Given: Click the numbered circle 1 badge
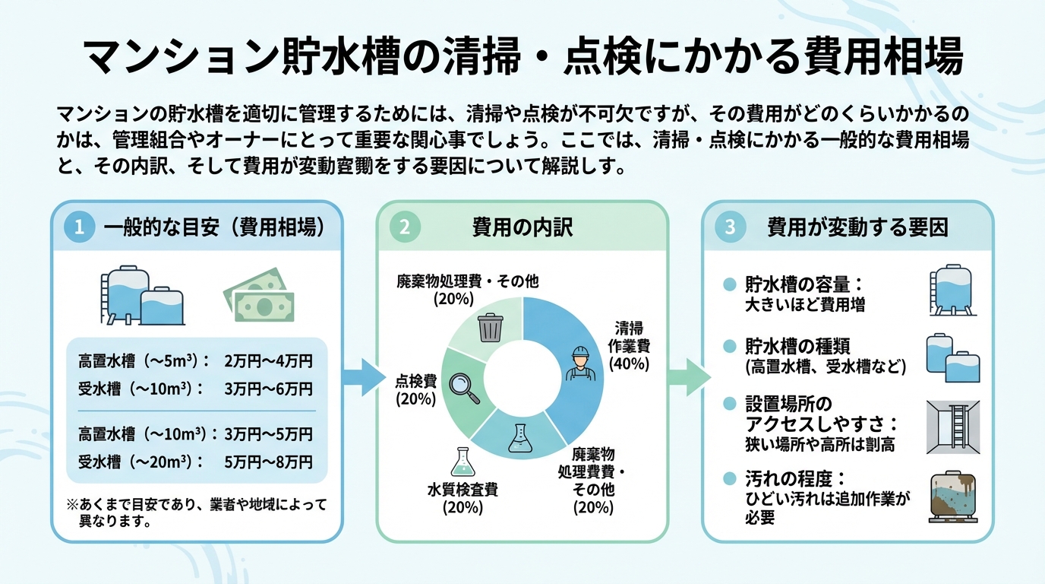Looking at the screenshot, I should tap(79, 227).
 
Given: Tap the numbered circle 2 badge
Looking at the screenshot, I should tap(405, 227).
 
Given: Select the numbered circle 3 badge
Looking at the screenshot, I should tap(730, 227).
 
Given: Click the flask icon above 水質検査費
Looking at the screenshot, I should tap(463, 462).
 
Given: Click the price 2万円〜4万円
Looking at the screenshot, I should tap(269, 361).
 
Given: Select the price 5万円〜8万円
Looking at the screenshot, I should tap(269, 462).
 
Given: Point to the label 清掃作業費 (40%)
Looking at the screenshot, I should tap(629, 346).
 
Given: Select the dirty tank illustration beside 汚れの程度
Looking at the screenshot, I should tap(953, 497).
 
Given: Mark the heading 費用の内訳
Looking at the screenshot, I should tap(522, 227).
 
